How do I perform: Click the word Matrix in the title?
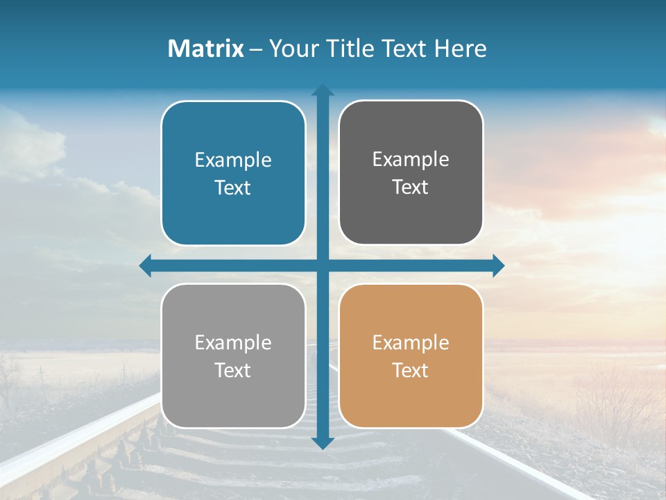click(206, 49)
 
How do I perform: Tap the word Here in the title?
click(460, 49)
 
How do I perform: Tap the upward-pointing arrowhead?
click(323, 90)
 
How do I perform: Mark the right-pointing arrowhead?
click(498, 265)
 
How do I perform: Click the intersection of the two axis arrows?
click(323, 265)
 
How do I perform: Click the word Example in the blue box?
click(233, 160)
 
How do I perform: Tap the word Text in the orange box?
click(411, 370)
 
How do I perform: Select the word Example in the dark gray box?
click(411, 159)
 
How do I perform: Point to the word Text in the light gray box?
click(233, 370)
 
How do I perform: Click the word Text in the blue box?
click(233, 187)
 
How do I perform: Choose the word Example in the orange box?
click(411, 342)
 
